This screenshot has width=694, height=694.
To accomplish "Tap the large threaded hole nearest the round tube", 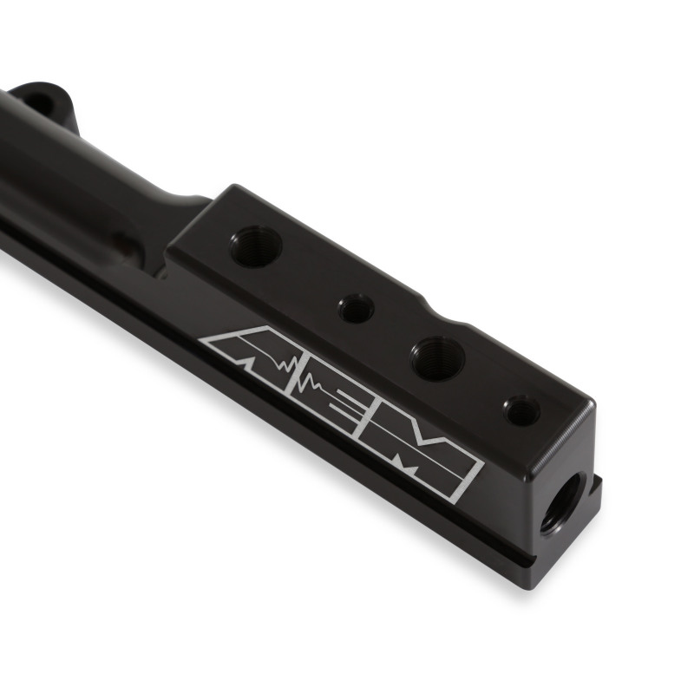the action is [256, 246].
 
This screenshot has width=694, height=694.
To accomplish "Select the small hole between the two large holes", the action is [357, 308].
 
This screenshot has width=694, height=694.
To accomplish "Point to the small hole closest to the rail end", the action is [522, 409].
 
